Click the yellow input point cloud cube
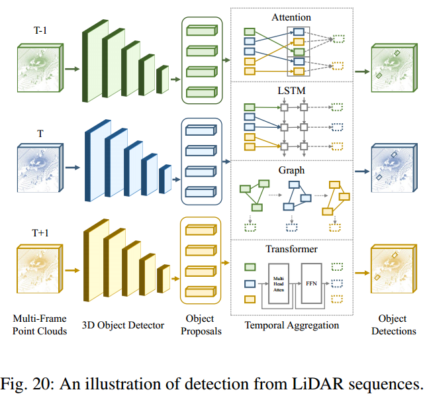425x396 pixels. click(x=40, y=270)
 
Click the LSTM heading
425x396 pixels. click(x=292, y=88)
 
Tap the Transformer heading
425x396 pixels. click(x=292, y=249)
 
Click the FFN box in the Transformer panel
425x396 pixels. click(x=311, y=283)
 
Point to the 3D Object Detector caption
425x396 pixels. click(x=123, y=325)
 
